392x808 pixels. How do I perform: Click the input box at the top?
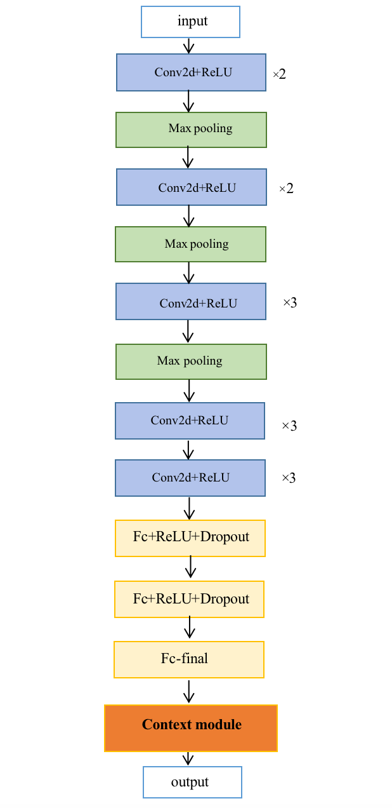(x=190, y=22)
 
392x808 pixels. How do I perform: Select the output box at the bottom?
(x=192, y=782)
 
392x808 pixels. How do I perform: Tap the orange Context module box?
(x=191, y=728)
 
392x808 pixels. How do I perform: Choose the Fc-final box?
(x=189, y=659)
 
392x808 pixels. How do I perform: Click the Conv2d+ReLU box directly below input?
(x=191, y=72)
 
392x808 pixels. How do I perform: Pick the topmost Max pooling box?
(x=191, y=130)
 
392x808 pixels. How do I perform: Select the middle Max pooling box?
(x=190, y=245)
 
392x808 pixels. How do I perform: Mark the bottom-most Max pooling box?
(x=191, y=361)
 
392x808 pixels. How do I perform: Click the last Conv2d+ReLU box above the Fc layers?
(x=190, y=478)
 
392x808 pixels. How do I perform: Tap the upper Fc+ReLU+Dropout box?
(x=190, y=538)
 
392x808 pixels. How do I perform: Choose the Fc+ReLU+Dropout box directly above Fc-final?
(x=189, y=599)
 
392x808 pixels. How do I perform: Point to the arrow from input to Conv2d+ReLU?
(x=188, y=46)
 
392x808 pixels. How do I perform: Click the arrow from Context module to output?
(x=188, y=759)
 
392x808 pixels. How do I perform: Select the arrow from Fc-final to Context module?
(x=188, y=691)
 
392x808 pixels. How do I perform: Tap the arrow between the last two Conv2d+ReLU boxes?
(x=188, y=449)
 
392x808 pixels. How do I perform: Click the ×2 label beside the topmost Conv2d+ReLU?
(x=279, y=74)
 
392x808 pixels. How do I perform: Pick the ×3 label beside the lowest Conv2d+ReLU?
(x=289, y=478)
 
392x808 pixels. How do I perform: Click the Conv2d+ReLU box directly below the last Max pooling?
(x=190, y=421)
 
